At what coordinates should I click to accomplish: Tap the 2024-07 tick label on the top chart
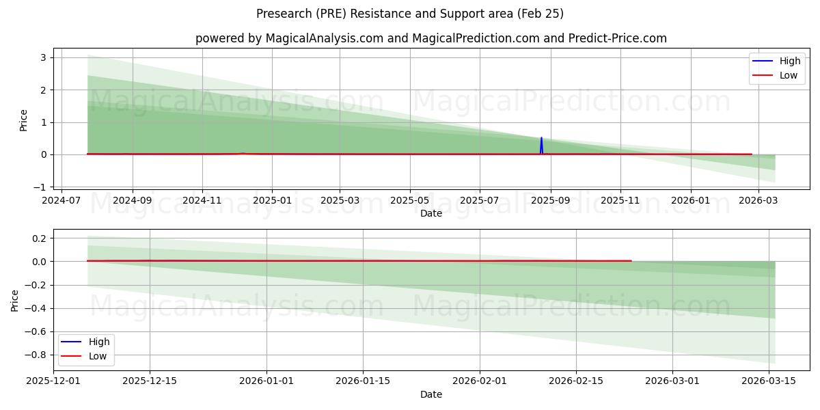(62, 201)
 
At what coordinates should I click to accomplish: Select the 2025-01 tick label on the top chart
(272, 201)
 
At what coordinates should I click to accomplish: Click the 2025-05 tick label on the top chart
(410, 201)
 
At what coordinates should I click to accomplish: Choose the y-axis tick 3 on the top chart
(43, 57)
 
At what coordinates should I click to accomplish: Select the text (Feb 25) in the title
(542, 14)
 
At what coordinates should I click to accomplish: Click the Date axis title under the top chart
(431, 213)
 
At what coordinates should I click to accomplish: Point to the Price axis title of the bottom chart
(15, 301)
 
